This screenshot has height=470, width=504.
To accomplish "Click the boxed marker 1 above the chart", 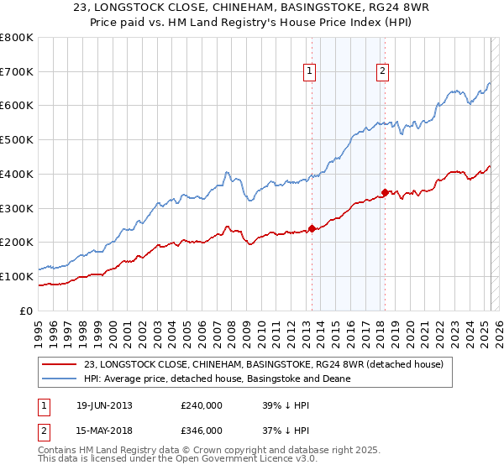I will pyautogui.click(x=310, y=72).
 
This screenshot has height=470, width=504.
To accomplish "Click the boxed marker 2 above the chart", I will pyautogui.click(x=382, y=72).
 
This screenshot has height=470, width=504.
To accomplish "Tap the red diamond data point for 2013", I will pyautogui.click(x=312, y=228).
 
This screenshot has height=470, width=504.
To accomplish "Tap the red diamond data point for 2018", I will pyautogui.click(x=385, y=192).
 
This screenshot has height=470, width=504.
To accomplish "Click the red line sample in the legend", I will pyautogui.click(x=58, y=363).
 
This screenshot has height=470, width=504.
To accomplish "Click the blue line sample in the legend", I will pyautogui.click(x=58, y=379).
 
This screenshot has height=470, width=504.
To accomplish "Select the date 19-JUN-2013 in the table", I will pyautogui.click(x=103, y=405).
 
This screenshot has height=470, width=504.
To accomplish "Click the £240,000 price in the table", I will pyautogui.click(x=202, y=405).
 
